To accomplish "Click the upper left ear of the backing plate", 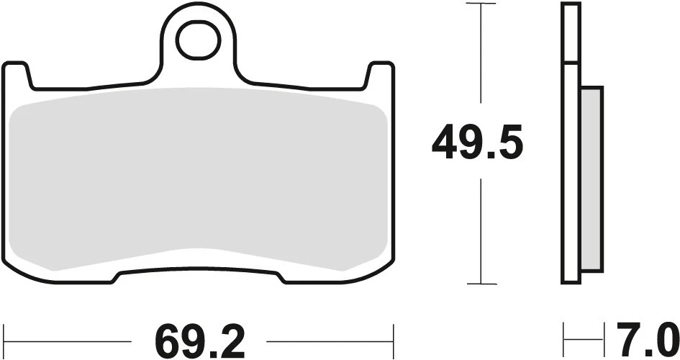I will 17,76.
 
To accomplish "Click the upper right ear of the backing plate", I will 381,76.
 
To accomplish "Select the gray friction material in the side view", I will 591,180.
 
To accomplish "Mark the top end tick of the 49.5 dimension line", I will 481,4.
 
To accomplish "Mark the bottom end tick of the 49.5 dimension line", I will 481,284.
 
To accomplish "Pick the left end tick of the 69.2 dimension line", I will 4,336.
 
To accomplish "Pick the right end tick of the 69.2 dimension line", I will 394,336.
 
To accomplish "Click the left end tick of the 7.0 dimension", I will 564,336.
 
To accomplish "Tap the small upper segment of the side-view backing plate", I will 571,33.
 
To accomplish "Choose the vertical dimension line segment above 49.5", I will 481,58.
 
